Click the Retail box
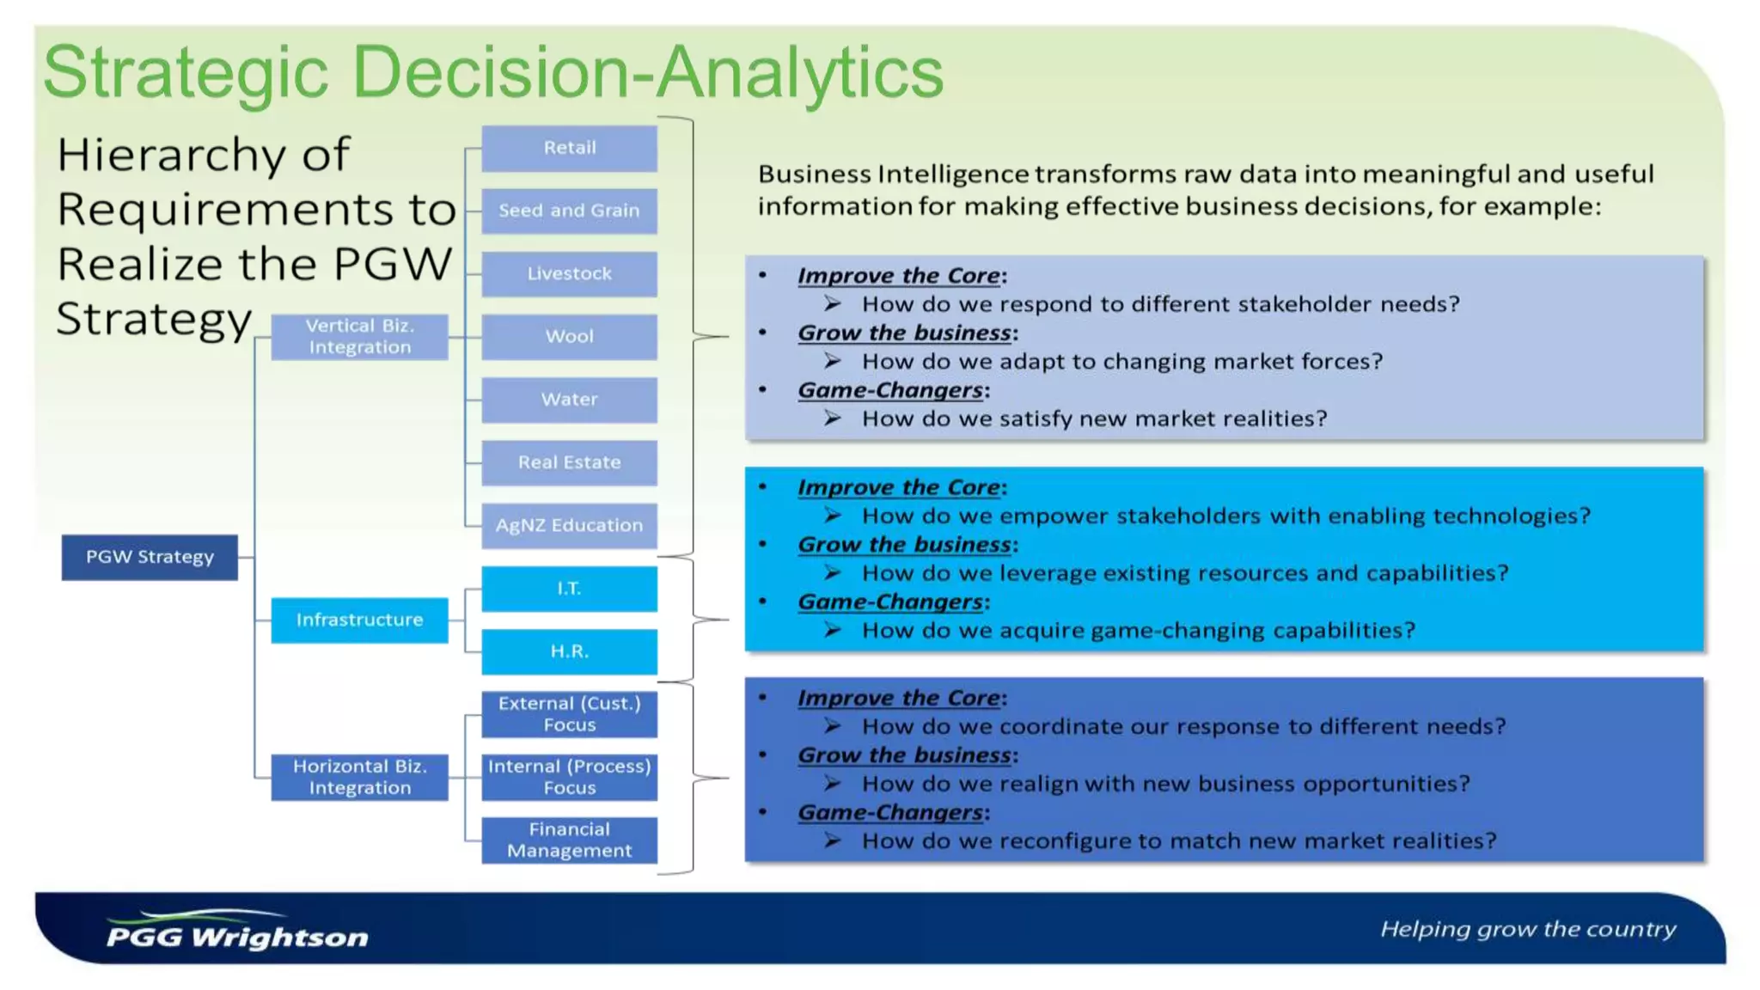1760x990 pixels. pyautogui.click(x=569, y=148)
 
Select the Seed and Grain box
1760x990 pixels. pyautogui.click(x=569, y=211)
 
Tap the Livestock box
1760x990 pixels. pyautogui.click(x=569, y=273)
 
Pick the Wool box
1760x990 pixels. pyautogui.click(x=569, y=336)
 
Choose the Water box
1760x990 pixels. pyautogui.click(x=569, y=400)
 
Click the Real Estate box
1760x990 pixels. pyautogui.click(x=569, y=462)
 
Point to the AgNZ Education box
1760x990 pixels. pyautogui.click(x=569, y=525)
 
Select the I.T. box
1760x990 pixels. pyautogui.click(x=569, y=589)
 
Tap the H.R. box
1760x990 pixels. pyautogui.click(x=569, y=651)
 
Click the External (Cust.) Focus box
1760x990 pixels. pyautogui.click(x=569, y=714)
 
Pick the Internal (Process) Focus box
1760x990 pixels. pyautogui.click(x=569, y=777)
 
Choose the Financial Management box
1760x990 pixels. pyautogui.click(x=569, y=840)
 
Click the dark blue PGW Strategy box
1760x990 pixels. pyautogui.click(x=150, y=557)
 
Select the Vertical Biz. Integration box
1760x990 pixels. pyautogui.click(x=359, y=336)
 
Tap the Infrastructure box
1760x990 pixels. pyautogui.click(x=359, y=620)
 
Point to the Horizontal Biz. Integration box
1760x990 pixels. pyautogui.click(x=359, y=777)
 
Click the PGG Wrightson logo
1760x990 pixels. pyautogui.click(x=237, y=932)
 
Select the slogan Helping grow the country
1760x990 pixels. pyautogui.click(x=1528, y=929)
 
